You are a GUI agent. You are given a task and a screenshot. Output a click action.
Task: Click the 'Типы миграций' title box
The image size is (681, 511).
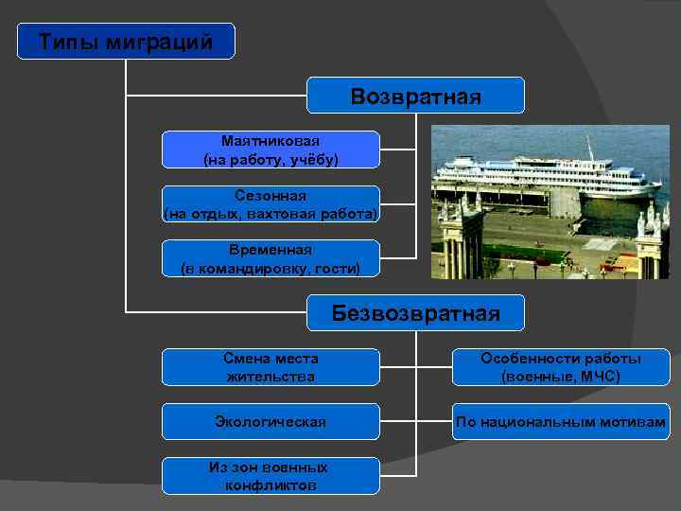(126, 42)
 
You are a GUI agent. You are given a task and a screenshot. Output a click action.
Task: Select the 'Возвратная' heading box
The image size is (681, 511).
(415, 96)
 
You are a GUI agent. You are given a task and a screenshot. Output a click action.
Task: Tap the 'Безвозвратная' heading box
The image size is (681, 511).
(415, 313)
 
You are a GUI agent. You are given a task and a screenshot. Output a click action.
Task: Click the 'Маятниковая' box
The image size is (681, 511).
(271, 150)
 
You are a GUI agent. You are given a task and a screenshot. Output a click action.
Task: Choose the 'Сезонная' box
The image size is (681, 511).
(271, 204)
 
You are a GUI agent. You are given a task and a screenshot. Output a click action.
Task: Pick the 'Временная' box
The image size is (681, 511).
(271, 258)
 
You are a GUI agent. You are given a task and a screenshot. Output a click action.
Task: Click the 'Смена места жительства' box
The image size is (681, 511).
(271, 367)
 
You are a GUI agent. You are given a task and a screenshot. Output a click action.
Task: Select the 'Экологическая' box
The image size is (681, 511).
(271, 421)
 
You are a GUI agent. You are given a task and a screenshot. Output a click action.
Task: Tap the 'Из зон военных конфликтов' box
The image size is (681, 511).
(271, 476)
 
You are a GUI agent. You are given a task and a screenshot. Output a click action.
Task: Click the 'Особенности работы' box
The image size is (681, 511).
(561, 367)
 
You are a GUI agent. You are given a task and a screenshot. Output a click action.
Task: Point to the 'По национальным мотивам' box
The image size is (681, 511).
(561, 421)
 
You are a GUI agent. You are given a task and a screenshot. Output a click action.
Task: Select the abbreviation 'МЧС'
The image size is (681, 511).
(600, 377)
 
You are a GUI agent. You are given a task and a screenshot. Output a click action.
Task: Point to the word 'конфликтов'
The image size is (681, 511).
(271, 485)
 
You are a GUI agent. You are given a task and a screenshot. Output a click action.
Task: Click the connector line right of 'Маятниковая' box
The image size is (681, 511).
(397, 150)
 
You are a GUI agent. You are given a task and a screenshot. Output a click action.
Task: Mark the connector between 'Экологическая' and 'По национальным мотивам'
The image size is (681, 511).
(415, 421)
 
